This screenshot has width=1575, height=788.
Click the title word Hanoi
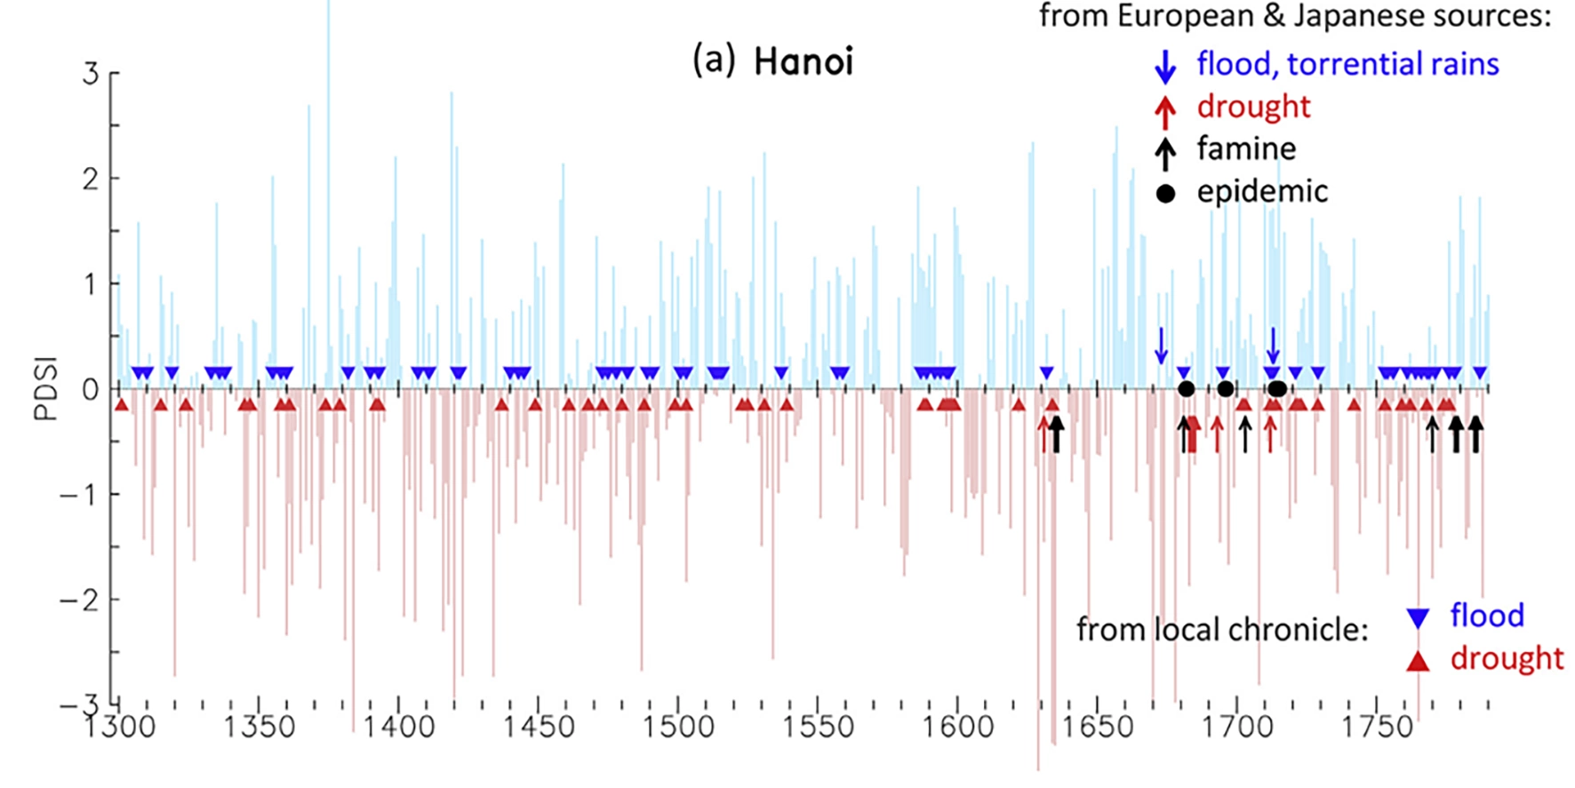pyautogui.click(x=803, y=62)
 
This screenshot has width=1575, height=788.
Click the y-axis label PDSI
pyautogui.click(x=46, y=388)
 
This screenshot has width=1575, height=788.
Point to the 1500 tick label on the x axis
pyautogui.click(x=678, y=727)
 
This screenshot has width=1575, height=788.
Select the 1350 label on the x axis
pyautogui.click(x=259, y=727)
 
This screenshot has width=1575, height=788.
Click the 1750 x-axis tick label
pyautogui.click(x=1377, y=727)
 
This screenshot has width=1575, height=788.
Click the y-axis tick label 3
pyautogui.click(x=90, y=74)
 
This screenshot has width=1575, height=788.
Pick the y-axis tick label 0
pyautogui.click(x=90, y=389)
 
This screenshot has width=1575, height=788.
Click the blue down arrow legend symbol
pyautogui.click(x=1164, y=66)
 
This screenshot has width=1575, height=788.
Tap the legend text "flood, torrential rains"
pyautogui.click(x=1347, y=64)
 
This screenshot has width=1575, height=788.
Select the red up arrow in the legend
pyautogui.click(x=1164, y=109)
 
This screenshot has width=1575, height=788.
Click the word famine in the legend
pyautogui.click(x=1246, y=148)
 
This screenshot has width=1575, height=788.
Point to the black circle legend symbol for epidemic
pyautogui.click(x=1165, y=193)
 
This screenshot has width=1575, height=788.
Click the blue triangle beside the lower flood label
pyautogui.click(x=1418, y=618)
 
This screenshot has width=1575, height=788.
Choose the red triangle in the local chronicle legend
pyautogui.click(x=1418, y=660)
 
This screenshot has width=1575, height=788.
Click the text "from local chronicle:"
pyautogui.click(x=1222, y=629)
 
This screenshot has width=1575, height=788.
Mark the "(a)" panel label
pyautogui.click(x=714, y=61)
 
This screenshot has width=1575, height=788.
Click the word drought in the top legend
pyautogui.click(x=1253, y=107)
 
